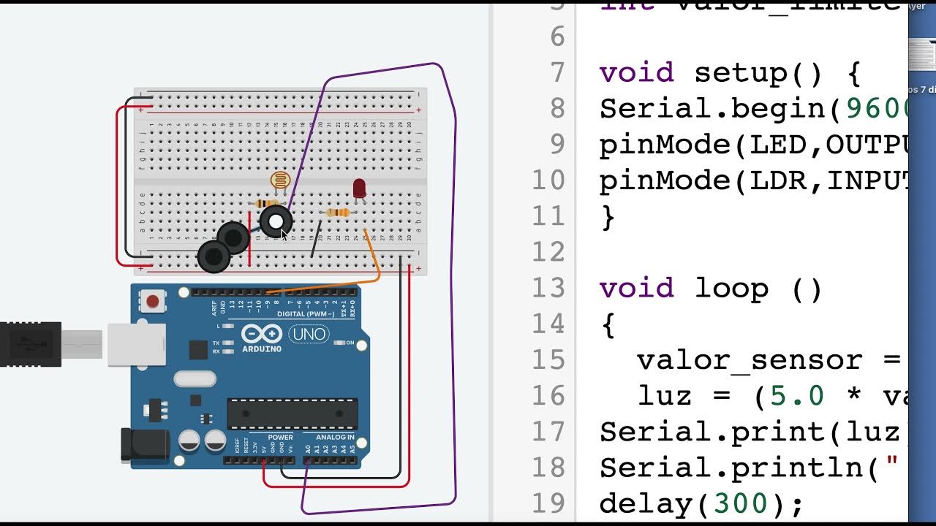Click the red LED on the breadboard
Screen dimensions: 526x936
(359, 188)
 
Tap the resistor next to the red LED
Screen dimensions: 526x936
(337, 213)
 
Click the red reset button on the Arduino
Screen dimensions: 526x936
(153, 301)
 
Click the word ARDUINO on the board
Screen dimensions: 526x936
(261, 348)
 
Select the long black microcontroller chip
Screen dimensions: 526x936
(292, 413)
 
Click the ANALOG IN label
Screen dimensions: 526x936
(335, 438)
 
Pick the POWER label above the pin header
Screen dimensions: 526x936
(280, 438)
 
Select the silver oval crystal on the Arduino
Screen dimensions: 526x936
(195, 378)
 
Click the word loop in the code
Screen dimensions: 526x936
(731, 289)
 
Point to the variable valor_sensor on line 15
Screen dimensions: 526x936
(751, 360)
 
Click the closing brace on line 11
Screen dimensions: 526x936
(608, 217)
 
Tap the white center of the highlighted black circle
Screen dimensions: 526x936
(276, 221)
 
